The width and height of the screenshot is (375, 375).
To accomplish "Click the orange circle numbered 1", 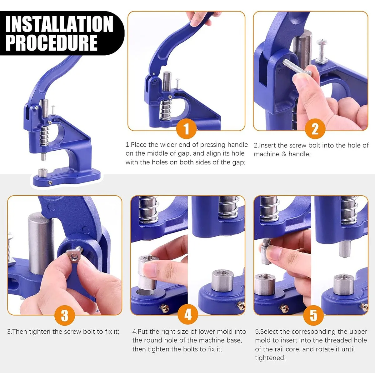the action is [186, 129].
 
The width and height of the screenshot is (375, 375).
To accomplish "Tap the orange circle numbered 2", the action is [315, 129].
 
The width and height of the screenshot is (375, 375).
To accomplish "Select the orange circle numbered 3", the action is [65, 315].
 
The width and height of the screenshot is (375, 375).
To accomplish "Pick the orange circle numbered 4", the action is [188, 314].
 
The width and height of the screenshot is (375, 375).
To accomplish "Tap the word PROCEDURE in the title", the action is [52, 43].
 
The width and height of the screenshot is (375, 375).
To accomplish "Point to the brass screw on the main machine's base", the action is [50, 182].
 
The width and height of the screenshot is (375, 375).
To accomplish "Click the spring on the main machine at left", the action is [44, 136].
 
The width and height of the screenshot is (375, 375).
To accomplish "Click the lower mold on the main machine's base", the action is [42, 172].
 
